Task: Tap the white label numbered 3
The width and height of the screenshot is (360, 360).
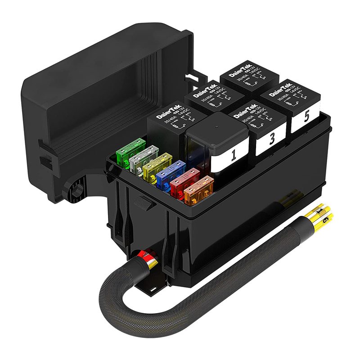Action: click(x=271, y=139)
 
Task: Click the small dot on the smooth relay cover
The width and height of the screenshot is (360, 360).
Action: click(x=216, y=126)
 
